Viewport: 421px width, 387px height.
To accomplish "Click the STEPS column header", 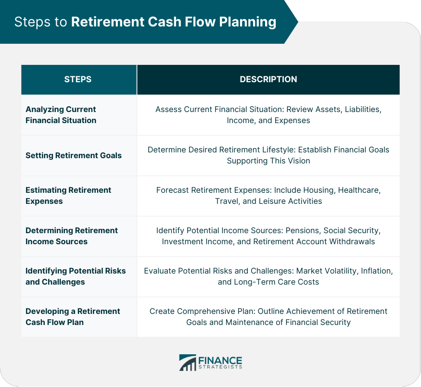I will (x=77, y=79).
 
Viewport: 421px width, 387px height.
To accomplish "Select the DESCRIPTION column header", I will (x=268, y=79).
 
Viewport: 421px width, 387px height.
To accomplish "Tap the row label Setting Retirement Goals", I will (x=74, y=155).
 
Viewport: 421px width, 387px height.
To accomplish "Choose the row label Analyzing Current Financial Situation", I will (x=61, y=115).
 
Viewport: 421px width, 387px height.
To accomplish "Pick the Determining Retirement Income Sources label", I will (x=72, y=236).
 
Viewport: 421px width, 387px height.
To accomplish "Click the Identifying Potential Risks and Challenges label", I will (x=76, y=276).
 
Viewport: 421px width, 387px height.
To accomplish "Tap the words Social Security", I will (x=352, y=231).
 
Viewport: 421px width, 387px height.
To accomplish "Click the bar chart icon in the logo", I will (x=187, y=362).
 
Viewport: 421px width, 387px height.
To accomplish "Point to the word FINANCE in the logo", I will (x=220, y=360).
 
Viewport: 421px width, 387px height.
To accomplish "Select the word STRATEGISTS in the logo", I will (x=220, y=367).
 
